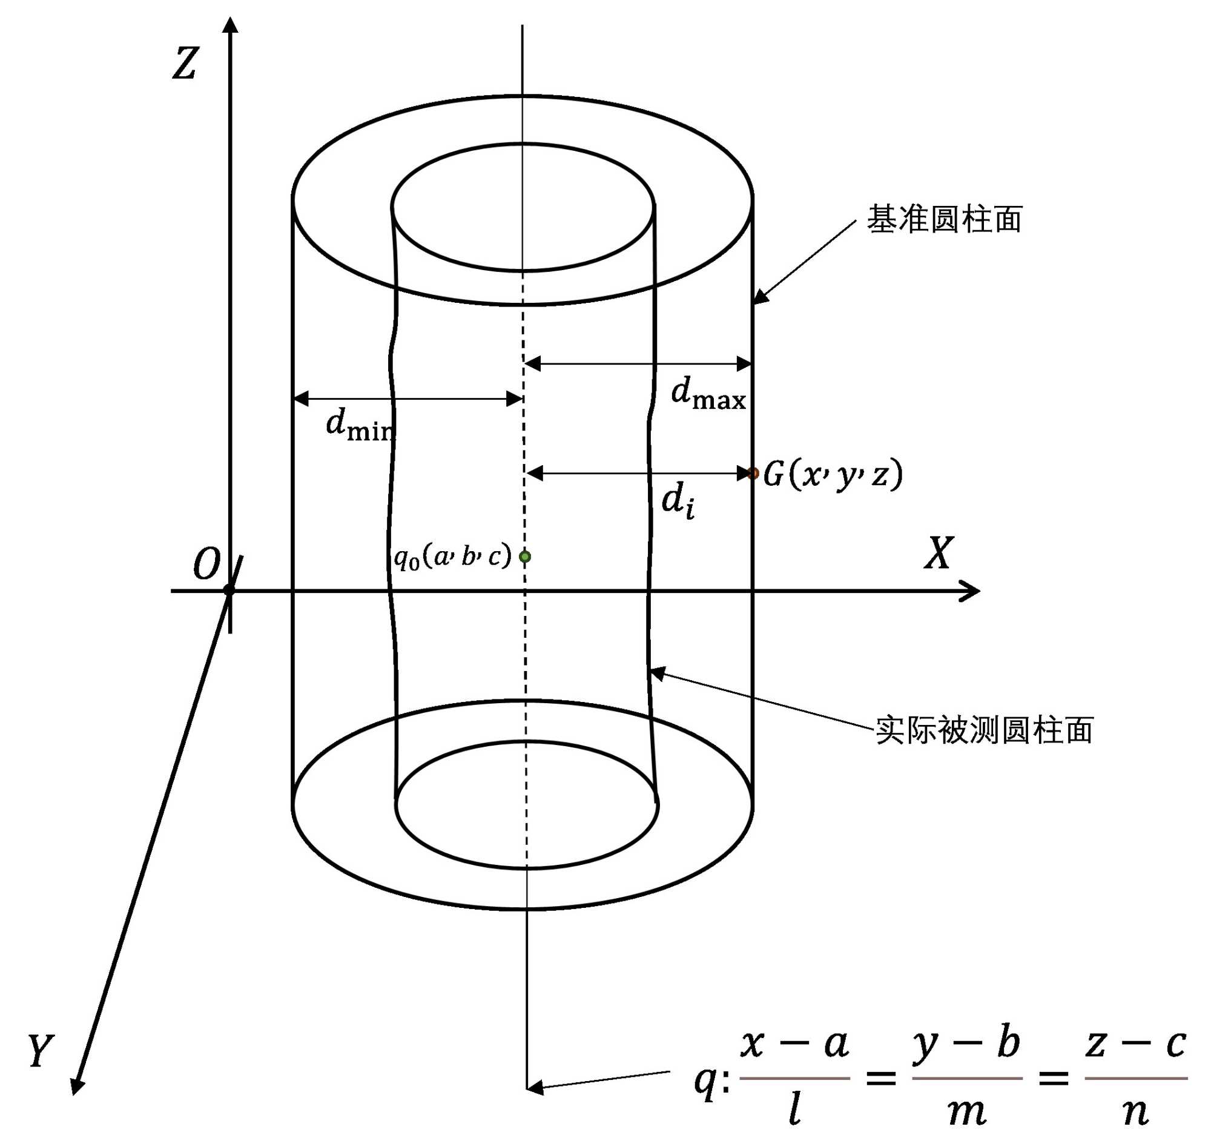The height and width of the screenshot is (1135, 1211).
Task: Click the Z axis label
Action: click(x=185, y=64)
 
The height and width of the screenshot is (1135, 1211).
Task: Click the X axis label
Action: click(x=938, y=553)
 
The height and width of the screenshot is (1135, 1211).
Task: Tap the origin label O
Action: click(x=206, y=564)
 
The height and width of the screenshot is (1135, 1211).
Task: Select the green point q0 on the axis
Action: click(x=525, y=556)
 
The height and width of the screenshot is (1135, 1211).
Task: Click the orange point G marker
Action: click(x=753, y=474)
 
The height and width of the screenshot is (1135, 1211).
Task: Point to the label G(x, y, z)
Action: click(x=833, y=474)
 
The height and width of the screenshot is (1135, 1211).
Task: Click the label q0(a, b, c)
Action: click(x=452, y=556)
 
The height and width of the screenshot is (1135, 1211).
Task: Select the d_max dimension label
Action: click(x=708, y=393)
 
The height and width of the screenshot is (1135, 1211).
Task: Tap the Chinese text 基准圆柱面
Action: click(x=944, y=219)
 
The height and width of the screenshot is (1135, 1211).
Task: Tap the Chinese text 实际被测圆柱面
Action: click(x=984, y=730)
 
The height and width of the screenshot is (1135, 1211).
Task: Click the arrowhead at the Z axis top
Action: click(x=230, y=24)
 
